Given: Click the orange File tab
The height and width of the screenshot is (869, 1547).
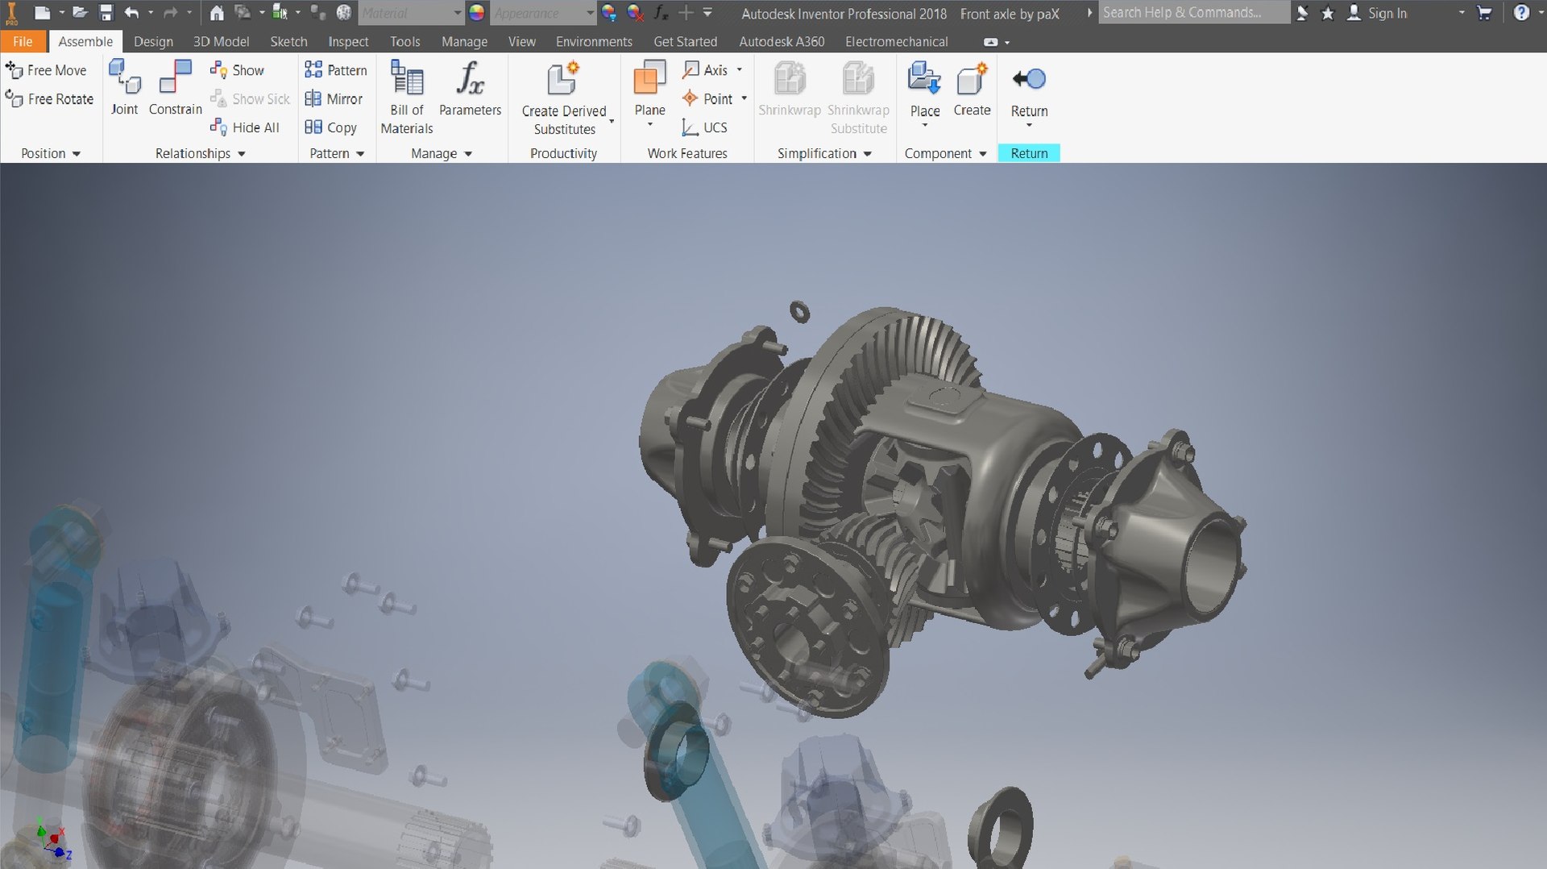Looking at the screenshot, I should tap(23, 41).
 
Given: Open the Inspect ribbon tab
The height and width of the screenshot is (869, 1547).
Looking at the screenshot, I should tap(348, 41).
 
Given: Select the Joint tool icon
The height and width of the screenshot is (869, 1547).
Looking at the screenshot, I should tap(124, 79).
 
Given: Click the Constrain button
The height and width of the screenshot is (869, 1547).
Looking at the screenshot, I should tap(175, 79).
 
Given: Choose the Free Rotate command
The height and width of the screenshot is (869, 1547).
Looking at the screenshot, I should tap(50, 99).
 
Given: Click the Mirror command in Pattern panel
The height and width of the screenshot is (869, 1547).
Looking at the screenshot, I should tap(334, 99).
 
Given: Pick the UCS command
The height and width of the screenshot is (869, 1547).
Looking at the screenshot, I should tap(705, 127).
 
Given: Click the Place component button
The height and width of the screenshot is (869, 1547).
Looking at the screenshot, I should tap(924, 81).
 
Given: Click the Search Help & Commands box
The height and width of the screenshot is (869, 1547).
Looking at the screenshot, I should tap(1192, 13).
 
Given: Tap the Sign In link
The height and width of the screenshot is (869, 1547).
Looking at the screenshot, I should tap(1386, 13).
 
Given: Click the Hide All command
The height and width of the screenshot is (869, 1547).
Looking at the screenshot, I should tap(246, 127).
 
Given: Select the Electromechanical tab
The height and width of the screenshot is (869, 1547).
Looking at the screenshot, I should tap(896, 41).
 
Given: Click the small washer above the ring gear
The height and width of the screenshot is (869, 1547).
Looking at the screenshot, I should tap(799, 311).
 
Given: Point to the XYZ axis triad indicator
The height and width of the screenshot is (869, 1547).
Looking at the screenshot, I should tap(53, 840).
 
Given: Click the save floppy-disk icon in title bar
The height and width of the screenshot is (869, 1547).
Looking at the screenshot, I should tap(106, 13).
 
